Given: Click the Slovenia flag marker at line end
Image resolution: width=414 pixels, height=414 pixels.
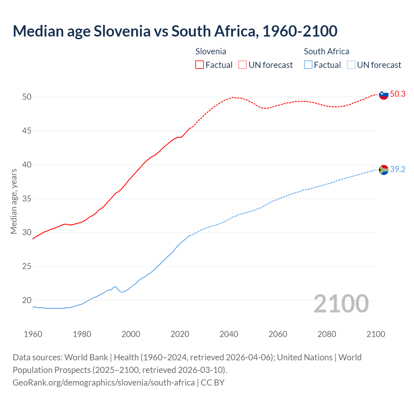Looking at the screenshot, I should click(384, 94).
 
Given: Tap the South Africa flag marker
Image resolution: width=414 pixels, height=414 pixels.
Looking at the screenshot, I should click(384, 170).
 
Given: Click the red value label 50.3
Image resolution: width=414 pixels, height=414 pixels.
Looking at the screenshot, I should click(398, 94).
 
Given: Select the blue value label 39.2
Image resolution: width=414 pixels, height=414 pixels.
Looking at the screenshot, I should click(398, 169).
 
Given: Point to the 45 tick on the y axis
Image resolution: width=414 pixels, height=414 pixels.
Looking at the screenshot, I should click(27, 131).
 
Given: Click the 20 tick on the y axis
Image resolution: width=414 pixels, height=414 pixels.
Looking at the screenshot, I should click(27, 300).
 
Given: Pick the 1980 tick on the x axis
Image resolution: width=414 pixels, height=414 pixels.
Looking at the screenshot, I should click(82, 334).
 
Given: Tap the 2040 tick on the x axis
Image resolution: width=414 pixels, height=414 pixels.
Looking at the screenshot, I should click(229, 334).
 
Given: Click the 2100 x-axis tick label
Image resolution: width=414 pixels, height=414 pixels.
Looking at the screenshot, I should click(376, 334).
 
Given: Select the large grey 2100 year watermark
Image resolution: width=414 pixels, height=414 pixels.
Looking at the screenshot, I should click(341, 303).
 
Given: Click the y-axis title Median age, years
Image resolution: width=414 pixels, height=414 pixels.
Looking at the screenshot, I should click(14, 201).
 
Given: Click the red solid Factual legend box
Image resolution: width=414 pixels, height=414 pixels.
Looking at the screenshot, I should click(200, 65).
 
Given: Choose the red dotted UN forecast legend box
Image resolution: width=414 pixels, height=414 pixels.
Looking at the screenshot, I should click(243, 65).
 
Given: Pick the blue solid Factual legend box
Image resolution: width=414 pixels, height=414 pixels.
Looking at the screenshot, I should click(308, 65).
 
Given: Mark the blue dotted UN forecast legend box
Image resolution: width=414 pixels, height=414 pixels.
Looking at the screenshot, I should click(351, 65).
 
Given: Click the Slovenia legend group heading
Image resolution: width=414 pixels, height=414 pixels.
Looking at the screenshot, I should click(211, 51).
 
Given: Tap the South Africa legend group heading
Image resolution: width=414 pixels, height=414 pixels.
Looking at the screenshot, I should click(326, 51).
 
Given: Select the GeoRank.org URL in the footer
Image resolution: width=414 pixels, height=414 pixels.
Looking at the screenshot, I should click(103, 383).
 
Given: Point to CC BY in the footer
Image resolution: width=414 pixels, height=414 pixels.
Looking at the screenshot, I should click(212, 383).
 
